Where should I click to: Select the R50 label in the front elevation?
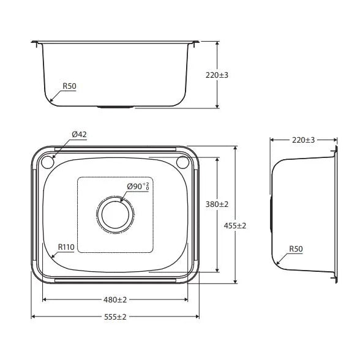tap(69, 86)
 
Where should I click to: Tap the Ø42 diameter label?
tap(78, 134)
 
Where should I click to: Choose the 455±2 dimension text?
tap(234, 225)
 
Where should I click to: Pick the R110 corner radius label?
tap(66, 247)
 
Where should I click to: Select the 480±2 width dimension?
tap(114, 300)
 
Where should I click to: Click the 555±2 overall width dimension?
tap(114, 317)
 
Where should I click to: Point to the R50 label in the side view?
tap(296, 249)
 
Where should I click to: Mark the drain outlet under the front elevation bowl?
tap(114, 107)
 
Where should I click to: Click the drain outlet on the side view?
tap(272, 214)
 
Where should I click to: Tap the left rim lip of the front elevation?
tap(36, 42)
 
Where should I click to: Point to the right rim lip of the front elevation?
tap(195, 42)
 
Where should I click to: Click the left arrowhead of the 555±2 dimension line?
tap(33, 317)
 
